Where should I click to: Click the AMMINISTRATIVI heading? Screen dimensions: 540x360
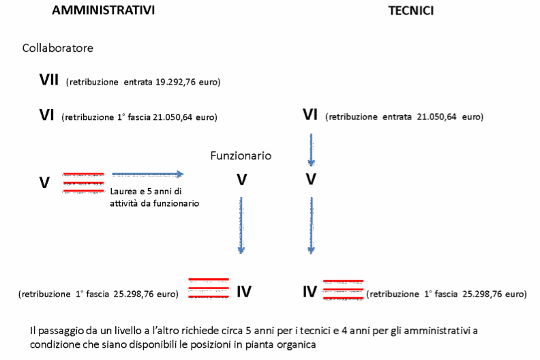click(x=104, y=10)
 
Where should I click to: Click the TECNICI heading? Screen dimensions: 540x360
click(x=411, y=11)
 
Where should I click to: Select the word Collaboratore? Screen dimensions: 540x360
click(x=58, y=48)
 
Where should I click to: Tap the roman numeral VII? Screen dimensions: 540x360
click(x=49, y=80)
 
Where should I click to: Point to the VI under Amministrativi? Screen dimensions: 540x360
click(x=47, y=115)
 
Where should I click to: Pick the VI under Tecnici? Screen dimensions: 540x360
click(x=310, y=115)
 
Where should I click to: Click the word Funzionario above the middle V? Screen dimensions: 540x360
click(x=241, y=155)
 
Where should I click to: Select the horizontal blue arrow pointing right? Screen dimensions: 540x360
click(x=148, y=175)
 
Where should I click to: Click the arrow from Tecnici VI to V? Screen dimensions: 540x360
click(x=312, y=150)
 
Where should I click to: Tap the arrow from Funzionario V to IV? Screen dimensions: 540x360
click(x=241, y=225)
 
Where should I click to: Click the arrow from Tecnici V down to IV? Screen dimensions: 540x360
click(x=312, y=225)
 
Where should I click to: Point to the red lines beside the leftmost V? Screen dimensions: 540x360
click(x=83, y=183)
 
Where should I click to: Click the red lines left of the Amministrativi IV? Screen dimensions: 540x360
click(x=209, y=288)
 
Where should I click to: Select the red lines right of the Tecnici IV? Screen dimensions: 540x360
click(x=343, y=290)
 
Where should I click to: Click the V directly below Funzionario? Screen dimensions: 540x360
click(x=242, y=180)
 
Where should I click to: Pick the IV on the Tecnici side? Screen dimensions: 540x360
click(x=310, y=292)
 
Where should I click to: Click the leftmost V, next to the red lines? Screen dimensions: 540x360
click(x=44, y=183)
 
